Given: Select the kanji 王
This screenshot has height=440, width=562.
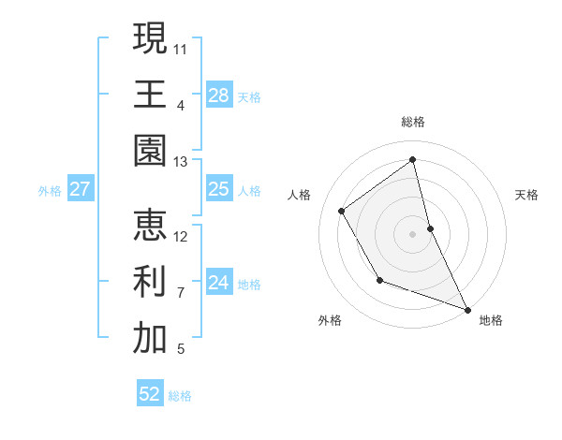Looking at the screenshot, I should click(x=150, y=94).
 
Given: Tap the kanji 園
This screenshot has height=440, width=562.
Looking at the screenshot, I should click(x=150, y=151).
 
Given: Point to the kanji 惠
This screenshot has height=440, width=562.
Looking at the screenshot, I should click(x=150, y=226).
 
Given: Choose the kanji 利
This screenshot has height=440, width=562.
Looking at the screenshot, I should click(x=150, y=282).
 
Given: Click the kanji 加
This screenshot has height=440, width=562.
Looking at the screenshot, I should click(x=150, y=339).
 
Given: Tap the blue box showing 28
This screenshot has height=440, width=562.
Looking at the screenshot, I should click(x=219, y=95).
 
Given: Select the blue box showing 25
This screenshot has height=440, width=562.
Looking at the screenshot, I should click(x=219, y=189).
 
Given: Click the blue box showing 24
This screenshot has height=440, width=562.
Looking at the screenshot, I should click(x=219, y=283).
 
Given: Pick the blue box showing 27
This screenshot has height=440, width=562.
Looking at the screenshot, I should click(x=80, y=189).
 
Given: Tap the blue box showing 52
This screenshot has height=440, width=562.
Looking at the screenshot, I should click(x=150, y=394).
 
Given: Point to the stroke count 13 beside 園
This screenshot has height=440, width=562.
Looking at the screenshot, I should click(x=181, y=161).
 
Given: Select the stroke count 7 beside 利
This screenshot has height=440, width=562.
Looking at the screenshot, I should click(x=181, y=292).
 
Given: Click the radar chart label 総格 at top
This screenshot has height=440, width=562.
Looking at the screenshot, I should click(x=413, y=122).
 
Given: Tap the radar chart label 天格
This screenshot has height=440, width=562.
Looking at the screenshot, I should click(x=526, y=195).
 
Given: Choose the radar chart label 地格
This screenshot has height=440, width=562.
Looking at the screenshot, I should click(x=491, y=320).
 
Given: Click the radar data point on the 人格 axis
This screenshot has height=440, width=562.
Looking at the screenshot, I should click(x=342, y=211).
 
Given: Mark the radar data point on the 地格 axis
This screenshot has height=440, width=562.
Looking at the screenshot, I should click(x=467, y=309).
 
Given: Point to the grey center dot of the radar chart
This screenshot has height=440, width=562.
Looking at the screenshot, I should click(x=413, y=233).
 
